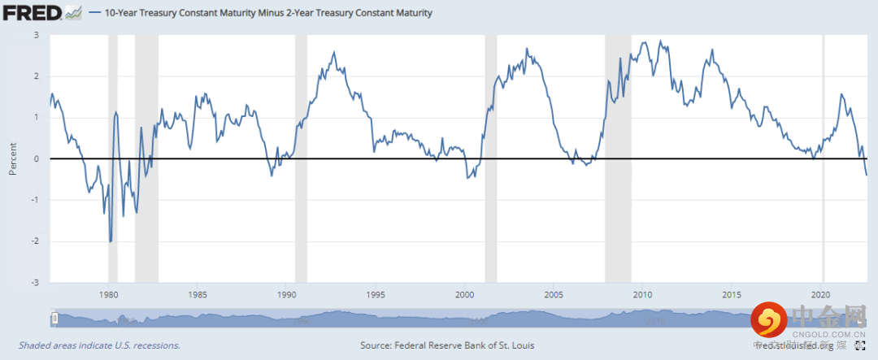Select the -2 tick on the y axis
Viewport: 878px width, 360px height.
point(34,241)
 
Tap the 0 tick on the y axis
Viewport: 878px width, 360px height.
point(37,159)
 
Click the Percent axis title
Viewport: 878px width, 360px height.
point(12,159)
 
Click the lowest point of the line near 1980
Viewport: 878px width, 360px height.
point(111,241)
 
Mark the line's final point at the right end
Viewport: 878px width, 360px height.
point(867,175)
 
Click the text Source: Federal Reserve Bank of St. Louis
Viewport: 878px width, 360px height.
point(446,345)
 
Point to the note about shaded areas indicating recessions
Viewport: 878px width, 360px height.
point(94,345)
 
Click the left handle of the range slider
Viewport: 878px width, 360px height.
point(54,319)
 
